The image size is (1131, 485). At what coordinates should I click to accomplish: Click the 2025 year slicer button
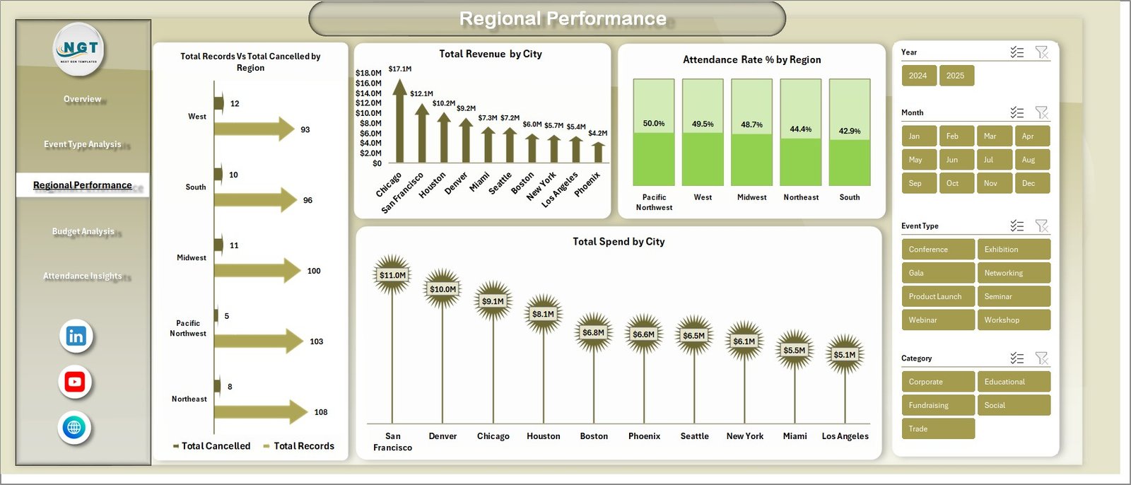956,76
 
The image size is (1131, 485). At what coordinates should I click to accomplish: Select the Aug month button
1031,160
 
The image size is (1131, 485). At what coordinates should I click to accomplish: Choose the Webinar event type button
937,320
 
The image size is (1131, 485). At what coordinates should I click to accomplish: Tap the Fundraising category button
937,405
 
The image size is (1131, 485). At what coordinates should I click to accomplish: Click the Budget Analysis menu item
83,231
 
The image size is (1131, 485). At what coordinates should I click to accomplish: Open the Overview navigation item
83,99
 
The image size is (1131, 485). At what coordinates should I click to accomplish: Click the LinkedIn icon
76,337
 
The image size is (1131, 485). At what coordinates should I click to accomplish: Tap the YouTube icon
75,382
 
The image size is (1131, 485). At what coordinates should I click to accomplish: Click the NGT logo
80,49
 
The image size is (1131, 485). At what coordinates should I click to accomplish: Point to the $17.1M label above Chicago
400,69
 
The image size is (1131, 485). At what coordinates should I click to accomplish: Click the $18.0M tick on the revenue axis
368,73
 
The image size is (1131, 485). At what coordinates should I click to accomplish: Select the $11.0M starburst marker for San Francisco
392,275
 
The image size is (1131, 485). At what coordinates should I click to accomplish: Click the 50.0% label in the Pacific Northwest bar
653,124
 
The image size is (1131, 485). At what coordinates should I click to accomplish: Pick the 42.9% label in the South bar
849,131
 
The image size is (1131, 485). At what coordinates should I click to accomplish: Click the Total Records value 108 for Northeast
321,412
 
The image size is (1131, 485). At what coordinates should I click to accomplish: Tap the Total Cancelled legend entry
211,446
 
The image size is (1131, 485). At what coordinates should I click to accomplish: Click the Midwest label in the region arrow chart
192,258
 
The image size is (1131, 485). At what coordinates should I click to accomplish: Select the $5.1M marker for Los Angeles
844,355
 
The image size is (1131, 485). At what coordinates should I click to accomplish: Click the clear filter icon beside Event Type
1041,226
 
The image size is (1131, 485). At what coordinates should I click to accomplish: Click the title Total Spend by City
619,242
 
